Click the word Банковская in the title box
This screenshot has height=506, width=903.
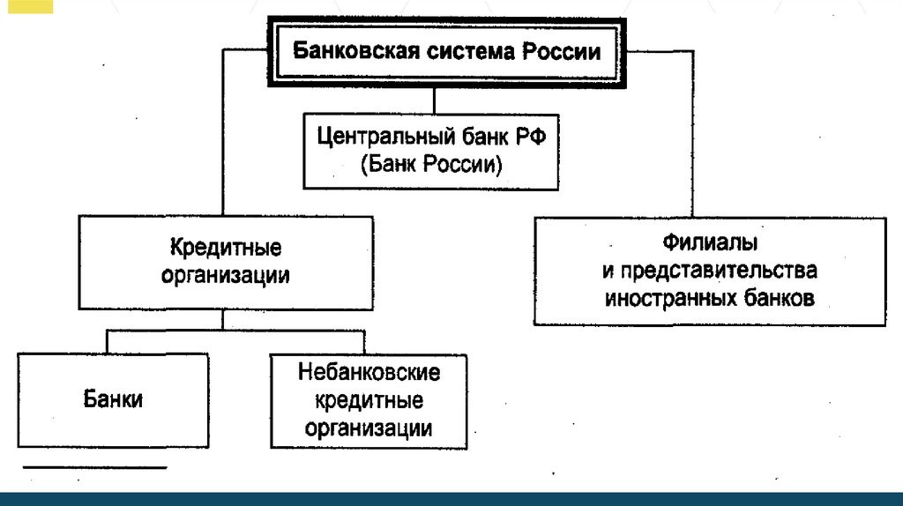(x=344, y=50)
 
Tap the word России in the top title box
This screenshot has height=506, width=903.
(x=562, y=50)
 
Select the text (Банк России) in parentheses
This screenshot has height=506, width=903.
(x=430, y=165)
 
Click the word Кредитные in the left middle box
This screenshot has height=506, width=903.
(x=225, y=249)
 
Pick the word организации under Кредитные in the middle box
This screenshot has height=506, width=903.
(x=225, y=275)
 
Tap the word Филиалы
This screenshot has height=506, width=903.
(x=709, y=242)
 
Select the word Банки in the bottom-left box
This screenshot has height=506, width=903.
(x=114, y=398)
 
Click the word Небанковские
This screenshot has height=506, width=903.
(x=369, y=372)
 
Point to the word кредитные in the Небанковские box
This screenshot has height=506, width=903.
(x=369, y=401)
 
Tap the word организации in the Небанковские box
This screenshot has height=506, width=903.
(x=369, y=429)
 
